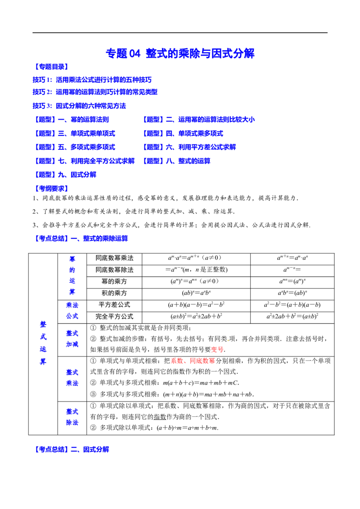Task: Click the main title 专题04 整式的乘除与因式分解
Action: click(180, 53)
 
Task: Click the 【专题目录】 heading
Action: click(52, 67)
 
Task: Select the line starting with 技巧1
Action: click(92, 80)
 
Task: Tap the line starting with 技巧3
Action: click(79, 106)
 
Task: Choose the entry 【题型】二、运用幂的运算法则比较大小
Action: click(198, 120)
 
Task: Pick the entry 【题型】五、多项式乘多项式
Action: click(74, 147)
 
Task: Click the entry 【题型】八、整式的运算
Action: click(176, 161)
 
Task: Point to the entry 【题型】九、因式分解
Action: click(65, 174)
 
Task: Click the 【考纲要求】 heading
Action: click(52, 188)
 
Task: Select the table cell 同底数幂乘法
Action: click(114, 258)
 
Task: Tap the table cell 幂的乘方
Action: click(114, 281)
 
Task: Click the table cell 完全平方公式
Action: click(114, 317)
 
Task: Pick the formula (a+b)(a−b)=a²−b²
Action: click(196, 305)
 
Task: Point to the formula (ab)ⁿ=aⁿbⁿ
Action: click(196, 293)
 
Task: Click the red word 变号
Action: click(217, 350)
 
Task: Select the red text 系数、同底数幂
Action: click(193, 361)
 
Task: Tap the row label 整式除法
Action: click(72, 417)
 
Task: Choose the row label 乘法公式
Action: click(72, 311)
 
